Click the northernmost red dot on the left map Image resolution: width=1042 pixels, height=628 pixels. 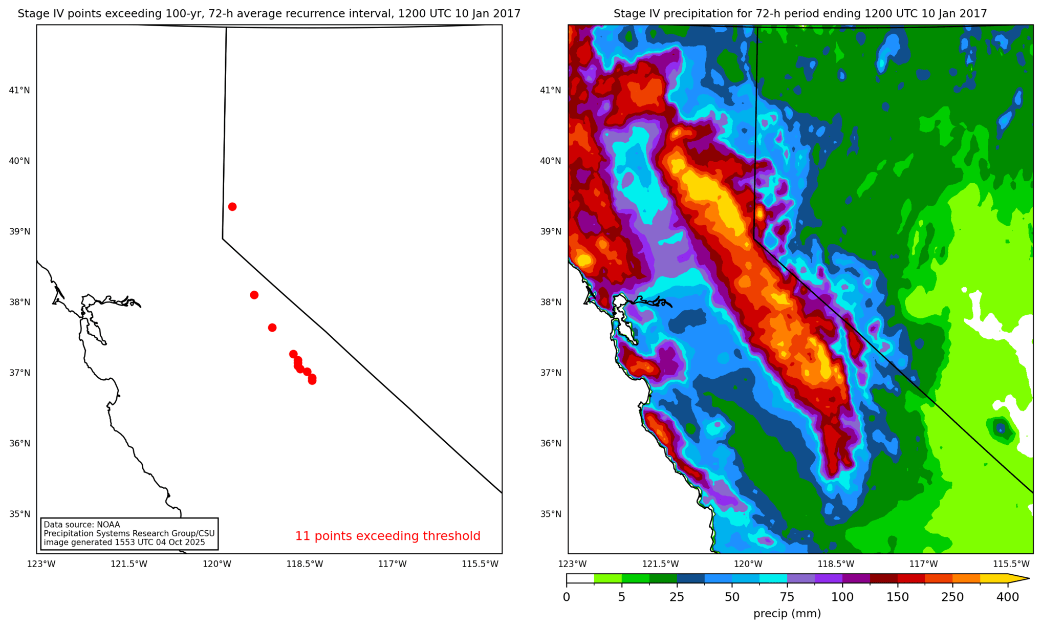[232, 207]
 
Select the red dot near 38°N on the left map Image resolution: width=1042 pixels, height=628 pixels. [254, 295]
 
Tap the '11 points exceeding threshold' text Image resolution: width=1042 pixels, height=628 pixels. [387, 536]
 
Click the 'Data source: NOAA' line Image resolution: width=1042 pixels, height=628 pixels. [82, 525]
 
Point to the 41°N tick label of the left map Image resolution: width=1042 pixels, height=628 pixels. [19, 91]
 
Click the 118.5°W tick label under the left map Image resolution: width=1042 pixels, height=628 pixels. [305, 564]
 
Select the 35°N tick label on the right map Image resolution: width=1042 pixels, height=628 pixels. [551, 514]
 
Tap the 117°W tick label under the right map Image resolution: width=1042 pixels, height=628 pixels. [923, 564]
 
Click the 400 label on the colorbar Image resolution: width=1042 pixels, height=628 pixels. [1008, 597]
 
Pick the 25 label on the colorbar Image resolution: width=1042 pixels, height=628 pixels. [677, 597]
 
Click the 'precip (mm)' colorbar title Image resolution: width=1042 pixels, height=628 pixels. [787, 613]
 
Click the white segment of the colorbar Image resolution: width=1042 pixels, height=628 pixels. [580, 579]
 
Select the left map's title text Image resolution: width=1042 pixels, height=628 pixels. [269, 14]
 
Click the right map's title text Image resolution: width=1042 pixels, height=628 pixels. [800, 14]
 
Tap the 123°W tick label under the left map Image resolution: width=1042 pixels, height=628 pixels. [41, 564]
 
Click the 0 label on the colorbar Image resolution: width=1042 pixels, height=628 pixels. [566, 597]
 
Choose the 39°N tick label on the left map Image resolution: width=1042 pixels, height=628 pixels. [19, 231]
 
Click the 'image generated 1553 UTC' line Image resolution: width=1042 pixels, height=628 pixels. [124, 542]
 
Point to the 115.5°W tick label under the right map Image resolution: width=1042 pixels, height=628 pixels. [1011, 564]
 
